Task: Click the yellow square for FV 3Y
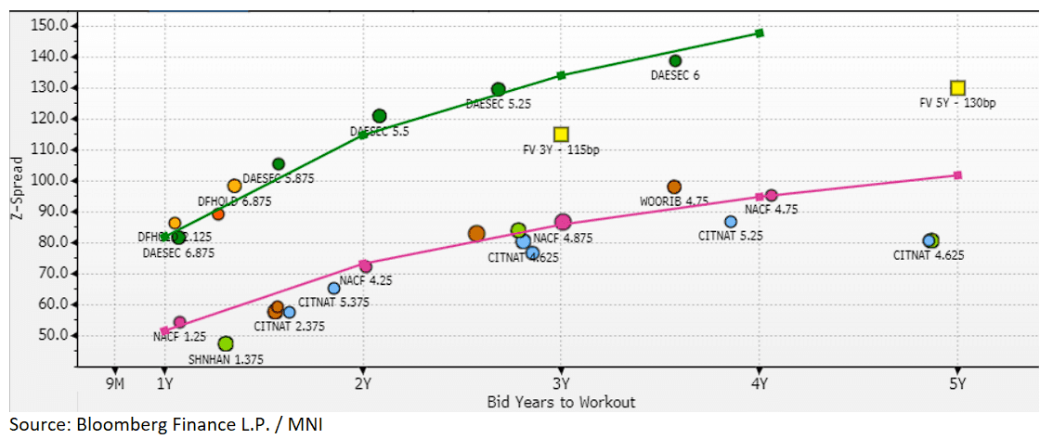coord(561,135)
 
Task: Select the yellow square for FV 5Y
coord(958,88)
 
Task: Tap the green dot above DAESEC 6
coord(675,61)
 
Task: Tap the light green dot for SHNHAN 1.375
coord(226,344)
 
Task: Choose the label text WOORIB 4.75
coord(674,201)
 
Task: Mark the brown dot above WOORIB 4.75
coord(674,187)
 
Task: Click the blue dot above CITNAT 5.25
coord(731,222)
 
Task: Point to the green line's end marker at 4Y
coord(760,33)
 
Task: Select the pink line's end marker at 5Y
coord(958,175)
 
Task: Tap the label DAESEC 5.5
coord(379,133)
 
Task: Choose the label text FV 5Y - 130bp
coord(956,104)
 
